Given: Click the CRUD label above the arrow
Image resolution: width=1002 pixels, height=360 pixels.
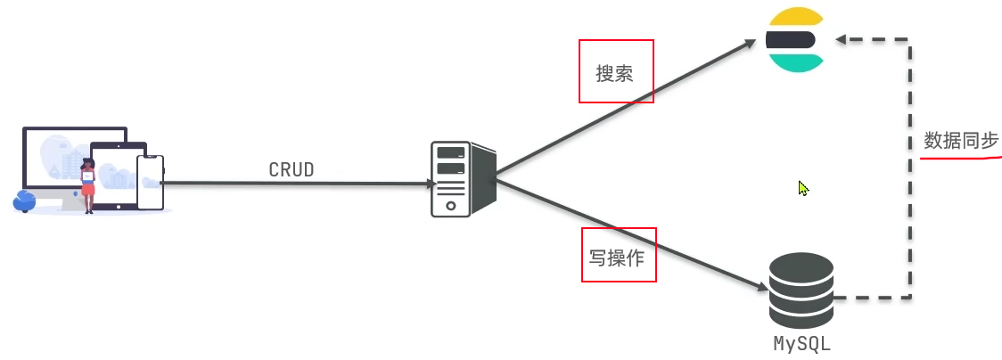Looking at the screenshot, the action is (x=292, y=169).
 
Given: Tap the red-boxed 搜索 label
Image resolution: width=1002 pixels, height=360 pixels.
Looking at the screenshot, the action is (x=615, y=72).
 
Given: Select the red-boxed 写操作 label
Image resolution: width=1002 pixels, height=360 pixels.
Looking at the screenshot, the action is (x=618, y=256).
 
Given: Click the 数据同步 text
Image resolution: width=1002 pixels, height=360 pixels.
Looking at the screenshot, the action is (x=961, y=141).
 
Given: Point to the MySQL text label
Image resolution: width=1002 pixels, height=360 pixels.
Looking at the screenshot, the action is (x=801, y=343).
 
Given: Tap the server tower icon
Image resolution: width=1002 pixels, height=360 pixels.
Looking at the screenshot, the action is (x=461, y=178).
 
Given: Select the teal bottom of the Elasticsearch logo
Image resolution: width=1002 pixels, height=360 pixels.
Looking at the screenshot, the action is (x=796, y=61).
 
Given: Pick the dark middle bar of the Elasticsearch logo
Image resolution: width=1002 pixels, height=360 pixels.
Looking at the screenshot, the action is (x=791, y=39).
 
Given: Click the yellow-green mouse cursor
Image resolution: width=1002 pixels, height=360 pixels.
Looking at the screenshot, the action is (x=804, y=188).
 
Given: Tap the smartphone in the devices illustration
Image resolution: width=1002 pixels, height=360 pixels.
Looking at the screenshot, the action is (x=150, y=183).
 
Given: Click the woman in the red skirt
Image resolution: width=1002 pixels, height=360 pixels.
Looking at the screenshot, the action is (x=88, y=185).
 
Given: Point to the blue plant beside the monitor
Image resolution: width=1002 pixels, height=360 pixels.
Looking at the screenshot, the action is (x=24, y=200).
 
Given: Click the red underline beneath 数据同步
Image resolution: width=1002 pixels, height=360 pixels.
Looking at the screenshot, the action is (x=961, y=157).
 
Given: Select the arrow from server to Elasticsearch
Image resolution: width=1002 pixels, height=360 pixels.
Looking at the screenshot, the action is (x=624, y=107).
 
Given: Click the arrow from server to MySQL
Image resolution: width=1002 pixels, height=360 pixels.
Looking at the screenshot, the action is (x=624, y=233).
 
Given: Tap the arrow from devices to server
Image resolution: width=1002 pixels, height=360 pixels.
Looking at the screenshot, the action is (x=294, y=184).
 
